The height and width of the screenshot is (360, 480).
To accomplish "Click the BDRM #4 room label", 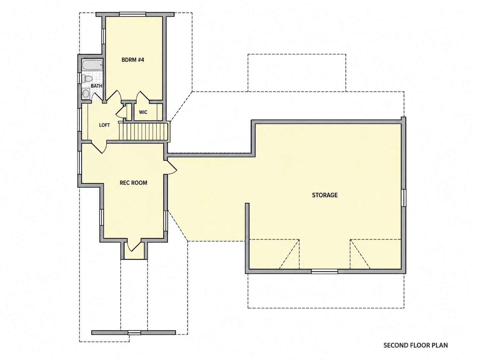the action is [133, 60].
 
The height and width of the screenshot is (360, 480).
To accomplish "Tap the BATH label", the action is [96, 86].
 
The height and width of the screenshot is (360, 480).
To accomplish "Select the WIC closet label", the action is [143, 112].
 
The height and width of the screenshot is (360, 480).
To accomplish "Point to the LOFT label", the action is [104, 125].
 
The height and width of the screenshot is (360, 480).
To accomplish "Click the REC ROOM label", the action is [133, 183].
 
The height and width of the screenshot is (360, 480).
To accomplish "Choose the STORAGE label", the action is [325, 195].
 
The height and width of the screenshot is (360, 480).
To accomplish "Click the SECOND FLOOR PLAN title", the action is [415, 345].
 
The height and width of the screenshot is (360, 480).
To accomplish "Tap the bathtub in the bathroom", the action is [92, 65].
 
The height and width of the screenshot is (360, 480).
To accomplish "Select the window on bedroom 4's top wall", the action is [133, 15].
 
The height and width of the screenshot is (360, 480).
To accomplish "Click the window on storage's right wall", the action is [404, 198].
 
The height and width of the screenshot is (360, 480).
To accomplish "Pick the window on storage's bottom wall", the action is [325, 271].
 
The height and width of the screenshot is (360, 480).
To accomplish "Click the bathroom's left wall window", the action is [80, 78].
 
